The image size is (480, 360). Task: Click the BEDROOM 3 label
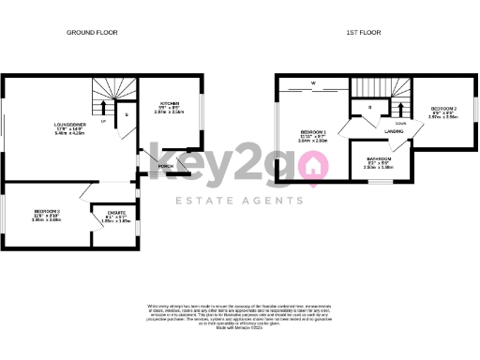pyautogui.click(x=47, y=211)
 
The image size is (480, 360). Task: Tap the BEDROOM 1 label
pyautogui.click(x=312, y=131)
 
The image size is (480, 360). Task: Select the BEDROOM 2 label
pyautogui.click(x=444, y=109)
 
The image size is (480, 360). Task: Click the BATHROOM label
pyautogui.click(x=380, y=159)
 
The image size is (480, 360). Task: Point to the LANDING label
pyautogui.click(x=394, y=132)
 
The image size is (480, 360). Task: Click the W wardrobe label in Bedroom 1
pyautogui.click(x=315, y=85)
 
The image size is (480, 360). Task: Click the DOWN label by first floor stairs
pyautogui.click(x=399, y=123)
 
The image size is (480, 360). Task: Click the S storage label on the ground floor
pyautogui.click(x=127, y=114)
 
